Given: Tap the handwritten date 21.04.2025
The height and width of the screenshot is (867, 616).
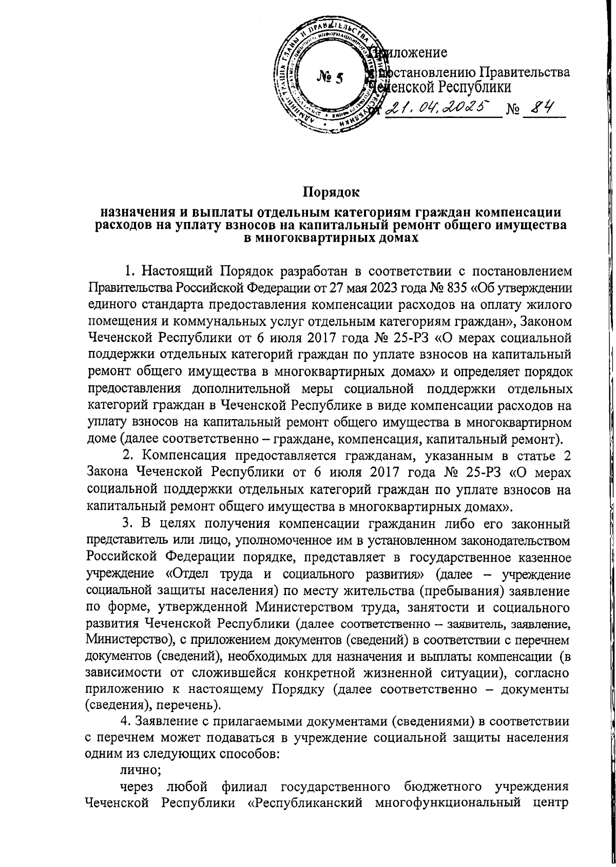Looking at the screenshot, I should click(x=438, y=107).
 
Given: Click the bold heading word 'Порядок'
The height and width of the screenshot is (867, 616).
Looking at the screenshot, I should click(x=331, y=192).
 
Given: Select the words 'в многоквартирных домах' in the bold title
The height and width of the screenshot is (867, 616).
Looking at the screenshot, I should click(x=331, y=238).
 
